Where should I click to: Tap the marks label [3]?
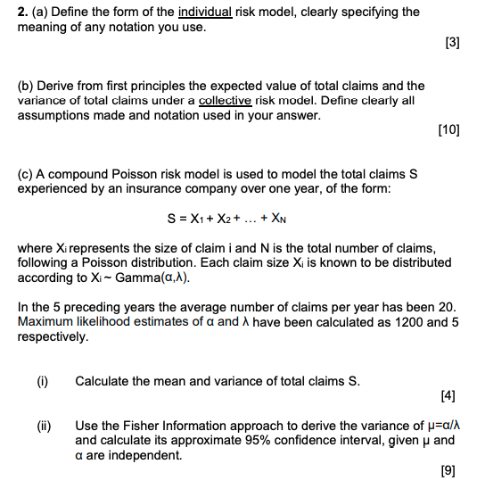(452, 43)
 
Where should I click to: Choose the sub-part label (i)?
(42, 382)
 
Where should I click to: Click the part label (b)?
(27, 86)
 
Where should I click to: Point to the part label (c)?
(27, 173)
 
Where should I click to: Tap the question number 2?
(21, 12)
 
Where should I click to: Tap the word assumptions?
(55, 115)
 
